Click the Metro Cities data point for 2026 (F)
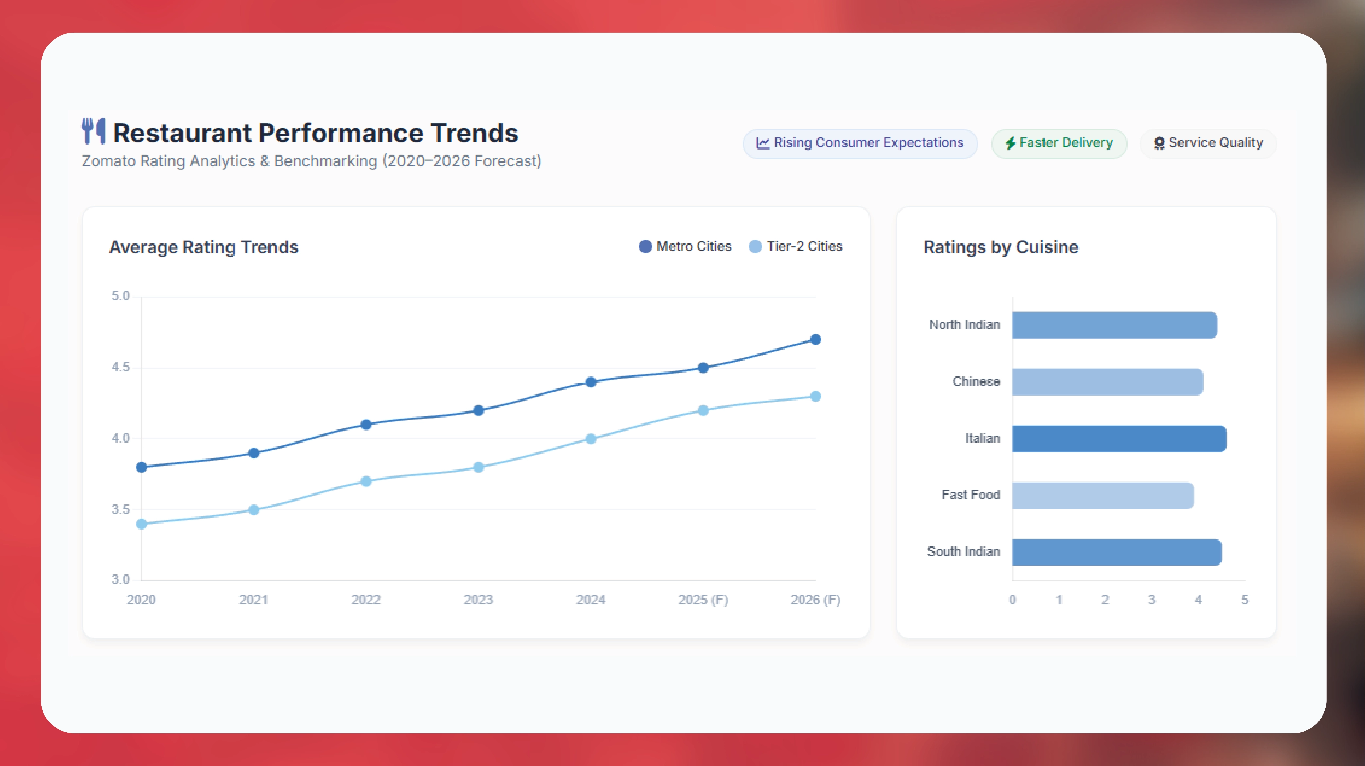pos(816,339)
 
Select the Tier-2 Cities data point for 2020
pos(142,524)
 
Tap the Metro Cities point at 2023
pos(478,410)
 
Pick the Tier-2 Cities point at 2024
pos(591,439)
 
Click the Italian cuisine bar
pos(1119,439)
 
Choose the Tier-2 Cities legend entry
pos(796,246)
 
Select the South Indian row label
pos(963,552)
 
